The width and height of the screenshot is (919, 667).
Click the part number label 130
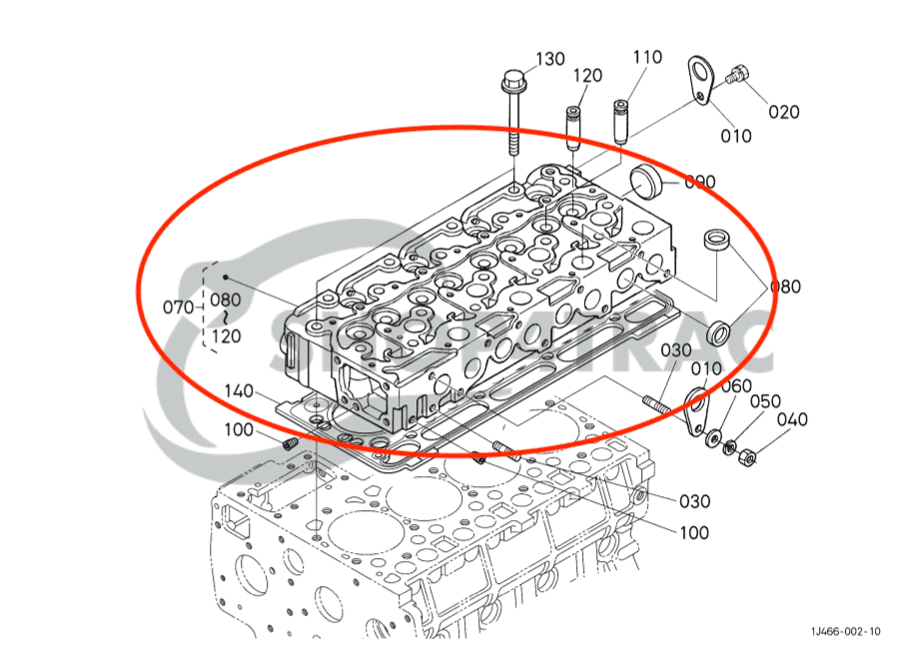(550, 60)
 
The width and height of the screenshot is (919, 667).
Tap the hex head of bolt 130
(513, 78)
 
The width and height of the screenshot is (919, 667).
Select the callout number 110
(646, 58)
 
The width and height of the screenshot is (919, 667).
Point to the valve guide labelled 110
(621, 121)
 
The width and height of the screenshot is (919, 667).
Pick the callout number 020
(783, 112)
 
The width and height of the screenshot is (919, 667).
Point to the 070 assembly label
(178, 307)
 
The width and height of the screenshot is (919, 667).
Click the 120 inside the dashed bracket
(226, 336)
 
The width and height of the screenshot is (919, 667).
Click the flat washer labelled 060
(712, 438)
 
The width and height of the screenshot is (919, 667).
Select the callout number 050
(765, 401)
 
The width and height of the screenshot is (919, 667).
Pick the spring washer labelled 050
(731, 447)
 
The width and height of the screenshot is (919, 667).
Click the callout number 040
(792, 420)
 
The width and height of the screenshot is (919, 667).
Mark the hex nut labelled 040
(750, 458)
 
